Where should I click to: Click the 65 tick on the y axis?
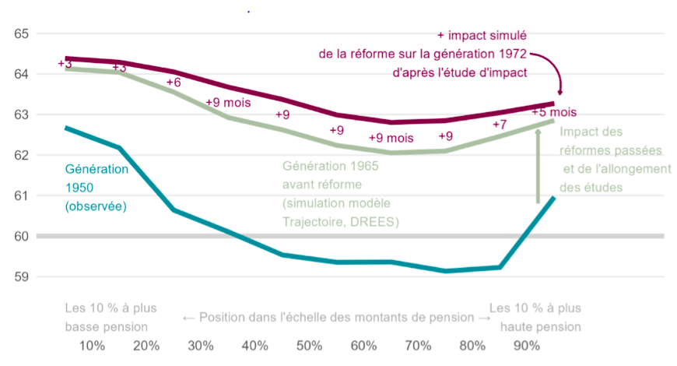tap(21, 33)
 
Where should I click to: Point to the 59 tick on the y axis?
tap(21, 276)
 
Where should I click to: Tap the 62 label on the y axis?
tap(21, 155)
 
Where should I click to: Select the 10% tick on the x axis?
tap(93, 346)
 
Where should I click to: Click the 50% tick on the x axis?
tap(310, 346)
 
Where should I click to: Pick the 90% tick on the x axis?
tap(527, 346)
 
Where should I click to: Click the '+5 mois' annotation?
tap(553, 112)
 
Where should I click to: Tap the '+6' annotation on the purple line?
tap(174, 83)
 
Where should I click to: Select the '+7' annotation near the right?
tap(500, 125)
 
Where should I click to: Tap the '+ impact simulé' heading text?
tap(482, 35)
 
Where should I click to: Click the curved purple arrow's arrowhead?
tap(560, 92)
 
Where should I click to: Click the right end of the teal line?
tap(553, 198)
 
